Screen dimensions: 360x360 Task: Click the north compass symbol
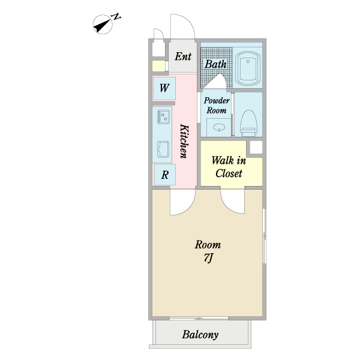103,25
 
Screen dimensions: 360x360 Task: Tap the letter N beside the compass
116,17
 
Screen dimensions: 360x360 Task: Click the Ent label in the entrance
183,56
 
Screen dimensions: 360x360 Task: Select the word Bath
215,64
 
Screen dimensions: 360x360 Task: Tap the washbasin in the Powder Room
218,127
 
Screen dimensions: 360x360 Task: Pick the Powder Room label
217,106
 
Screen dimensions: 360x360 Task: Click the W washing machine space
164,88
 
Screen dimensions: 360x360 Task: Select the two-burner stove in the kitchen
164,116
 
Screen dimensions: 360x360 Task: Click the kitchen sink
163,149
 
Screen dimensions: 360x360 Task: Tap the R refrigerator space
165,175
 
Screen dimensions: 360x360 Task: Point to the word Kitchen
184,141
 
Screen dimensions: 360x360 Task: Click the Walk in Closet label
229,167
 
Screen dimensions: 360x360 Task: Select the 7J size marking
208,259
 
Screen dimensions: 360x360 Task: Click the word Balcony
200,335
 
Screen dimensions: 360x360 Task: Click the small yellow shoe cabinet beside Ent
158,66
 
